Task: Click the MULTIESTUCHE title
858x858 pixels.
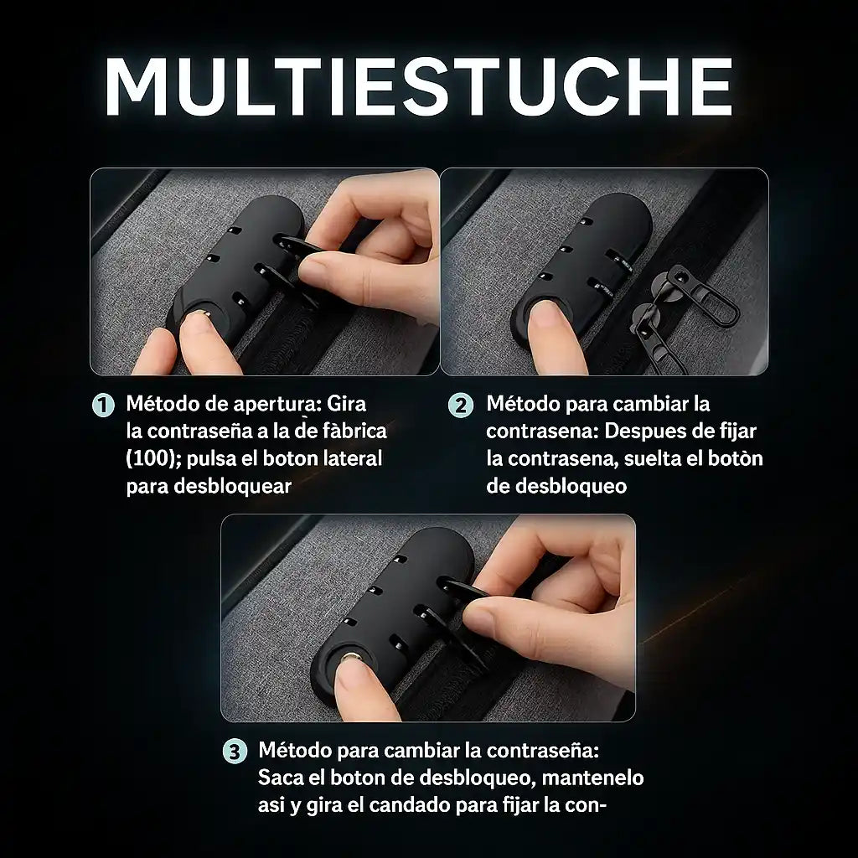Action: (x=419, y=86)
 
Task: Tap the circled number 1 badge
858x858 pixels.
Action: (x=103, y=406)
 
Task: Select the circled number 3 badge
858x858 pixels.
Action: (x=235, y=752)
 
